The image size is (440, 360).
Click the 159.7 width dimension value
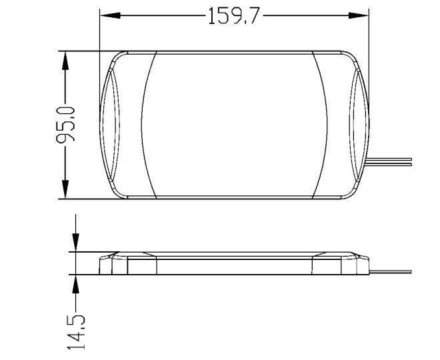(233, 16)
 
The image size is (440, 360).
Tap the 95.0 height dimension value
(65, 125)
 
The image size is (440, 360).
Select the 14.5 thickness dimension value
(76, 333)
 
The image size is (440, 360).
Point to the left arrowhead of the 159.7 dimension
(110, 15)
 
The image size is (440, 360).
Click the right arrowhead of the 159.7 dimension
(359, 15)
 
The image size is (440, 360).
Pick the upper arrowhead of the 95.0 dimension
(65, 61)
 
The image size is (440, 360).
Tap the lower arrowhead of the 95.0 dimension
(65, 189)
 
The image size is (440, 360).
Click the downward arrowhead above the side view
(75, 242)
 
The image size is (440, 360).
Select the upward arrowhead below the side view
(75, 284)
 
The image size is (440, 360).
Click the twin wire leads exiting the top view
(389, 161)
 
